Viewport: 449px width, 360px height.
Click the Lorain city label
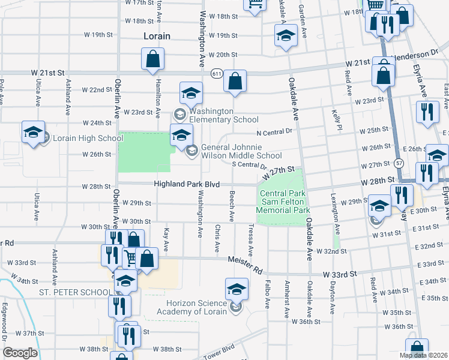point(157,36)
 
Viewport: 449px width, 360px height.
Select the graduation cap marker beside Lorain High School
point(33,133)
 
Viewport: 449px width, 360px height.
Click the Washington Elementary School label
point(224,115)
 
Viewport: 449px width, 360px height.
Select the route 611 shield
point(216,73)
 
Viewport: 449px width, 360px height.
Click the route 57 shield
point(399,163)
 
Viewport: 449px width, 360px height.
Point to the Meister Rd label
point(245,264)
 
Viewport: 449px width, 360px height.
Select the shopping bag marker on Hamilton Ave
point(152,59)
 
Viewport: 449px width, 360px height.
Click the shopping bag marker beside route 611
point(235,82)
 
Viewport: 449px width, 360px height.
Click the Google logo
point(20,353)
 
